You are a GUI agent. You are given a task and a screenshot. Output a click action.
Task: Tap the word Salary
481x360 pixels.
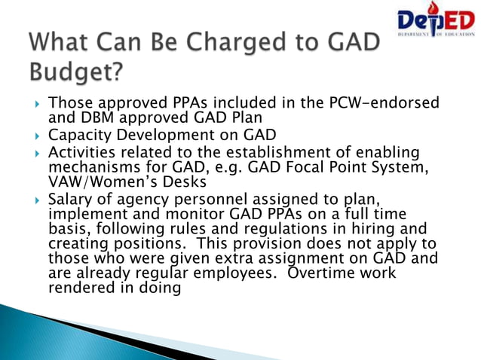(70, 199)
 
